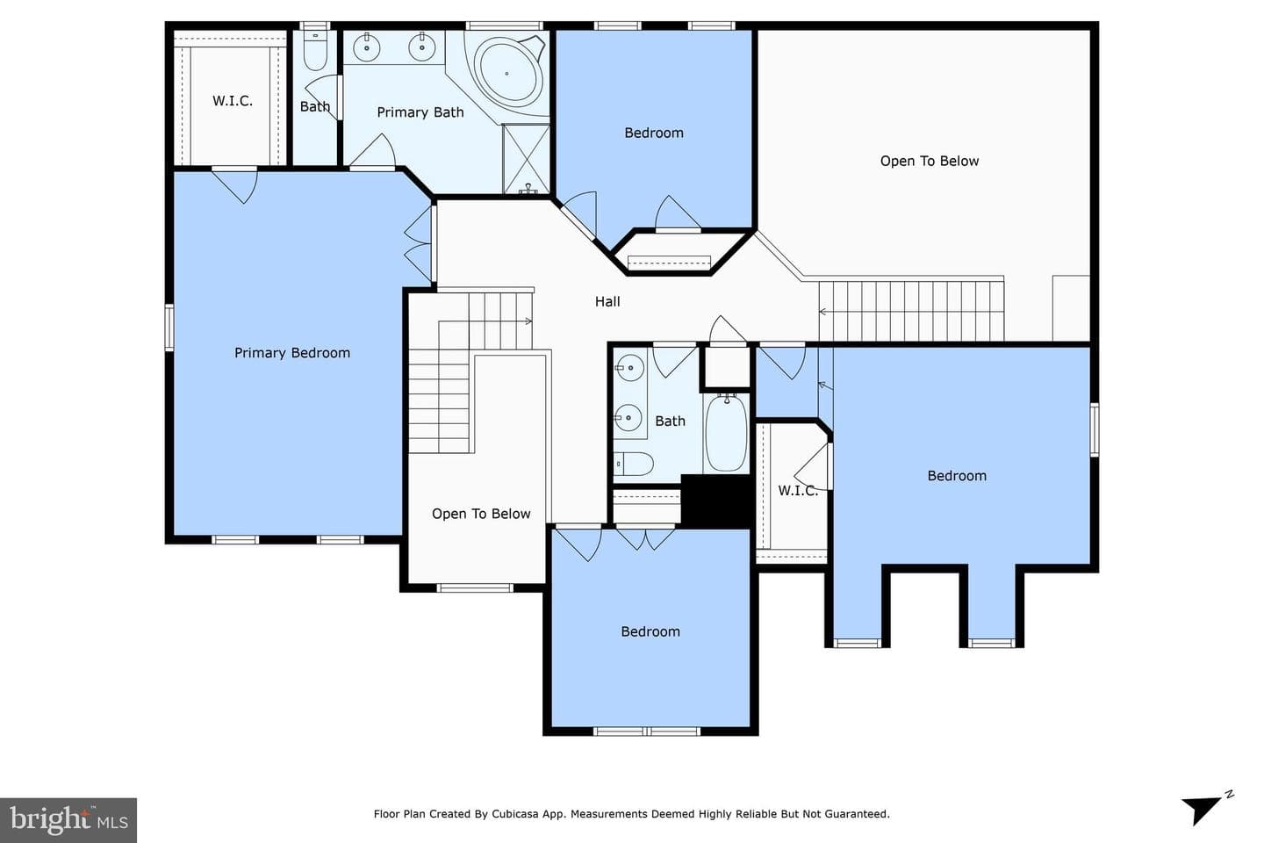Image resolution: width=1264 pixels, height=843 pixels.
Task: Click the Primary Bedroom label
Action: point(292,353)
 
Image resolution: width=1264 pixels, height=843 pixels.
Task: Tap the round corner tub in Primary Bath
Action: point(507,74)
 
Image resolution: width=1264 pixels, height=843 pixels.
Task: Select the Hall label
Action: point(607,301)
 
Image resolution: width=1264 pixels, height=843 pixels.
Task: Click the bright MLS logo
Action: point(68,820)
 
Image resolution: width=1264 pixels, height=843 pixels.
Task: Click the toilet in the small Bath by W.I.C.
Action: point(315,50)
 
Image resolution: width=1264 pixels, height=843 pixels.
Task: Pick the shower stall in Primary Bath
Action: point(526,159)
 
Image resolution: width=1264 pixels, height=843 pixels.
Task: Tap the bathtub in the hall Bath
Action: point(726,433)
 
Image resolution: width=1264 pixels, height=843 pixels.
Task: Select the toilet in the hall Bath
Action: point(633,464)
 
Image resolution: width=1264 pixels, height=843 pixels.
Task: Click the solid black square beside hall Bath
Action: point(716,500)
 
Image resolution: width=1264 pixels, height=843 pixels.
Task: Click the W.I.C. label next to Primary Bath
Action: point(233,101)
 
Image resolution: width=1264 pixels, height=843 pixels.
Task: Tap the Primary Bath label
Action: point(420,112)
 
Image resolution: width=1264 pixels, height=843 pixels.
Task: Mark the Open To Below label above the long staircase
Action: point(930,161)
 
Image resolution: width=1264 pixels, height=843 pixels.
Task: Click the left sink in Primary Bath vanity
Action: point(367,47)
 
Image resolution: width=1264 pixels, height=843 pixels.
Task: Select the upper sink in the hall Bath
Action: point(629,368)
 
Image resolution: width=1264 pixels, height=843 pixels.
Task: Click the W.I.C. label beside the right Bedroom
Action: point(798,491)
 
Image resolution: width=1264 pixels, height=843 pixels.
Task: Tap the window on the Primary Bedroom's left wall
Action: point(169,328)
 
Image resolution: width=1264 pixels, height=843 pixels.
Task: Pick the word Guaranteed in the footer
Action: point(857,814)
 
